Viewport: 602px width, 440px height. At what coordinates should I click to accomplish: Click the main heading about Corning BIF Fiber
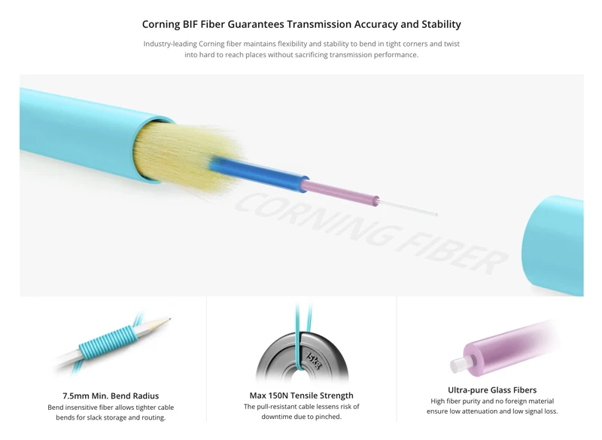[301, 24]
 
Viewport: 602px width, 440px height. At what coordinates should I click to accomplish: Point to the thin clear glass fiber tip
[410, 206]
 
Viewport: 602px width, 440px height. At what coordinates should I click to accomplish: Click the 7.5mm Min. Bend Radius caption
[111, 396]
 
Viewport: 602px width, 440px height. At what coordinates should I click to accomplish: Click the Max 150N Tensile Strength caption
[301, 396]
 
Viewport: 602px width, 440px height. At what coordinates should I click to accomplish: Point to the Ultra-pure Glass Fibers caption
[492, 390]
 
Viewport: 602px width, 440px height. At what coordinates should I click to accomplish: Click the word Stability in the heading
[437, 24]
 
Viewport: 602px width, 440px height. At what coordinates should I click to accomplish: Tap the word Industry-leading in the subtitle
[170, 44]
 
